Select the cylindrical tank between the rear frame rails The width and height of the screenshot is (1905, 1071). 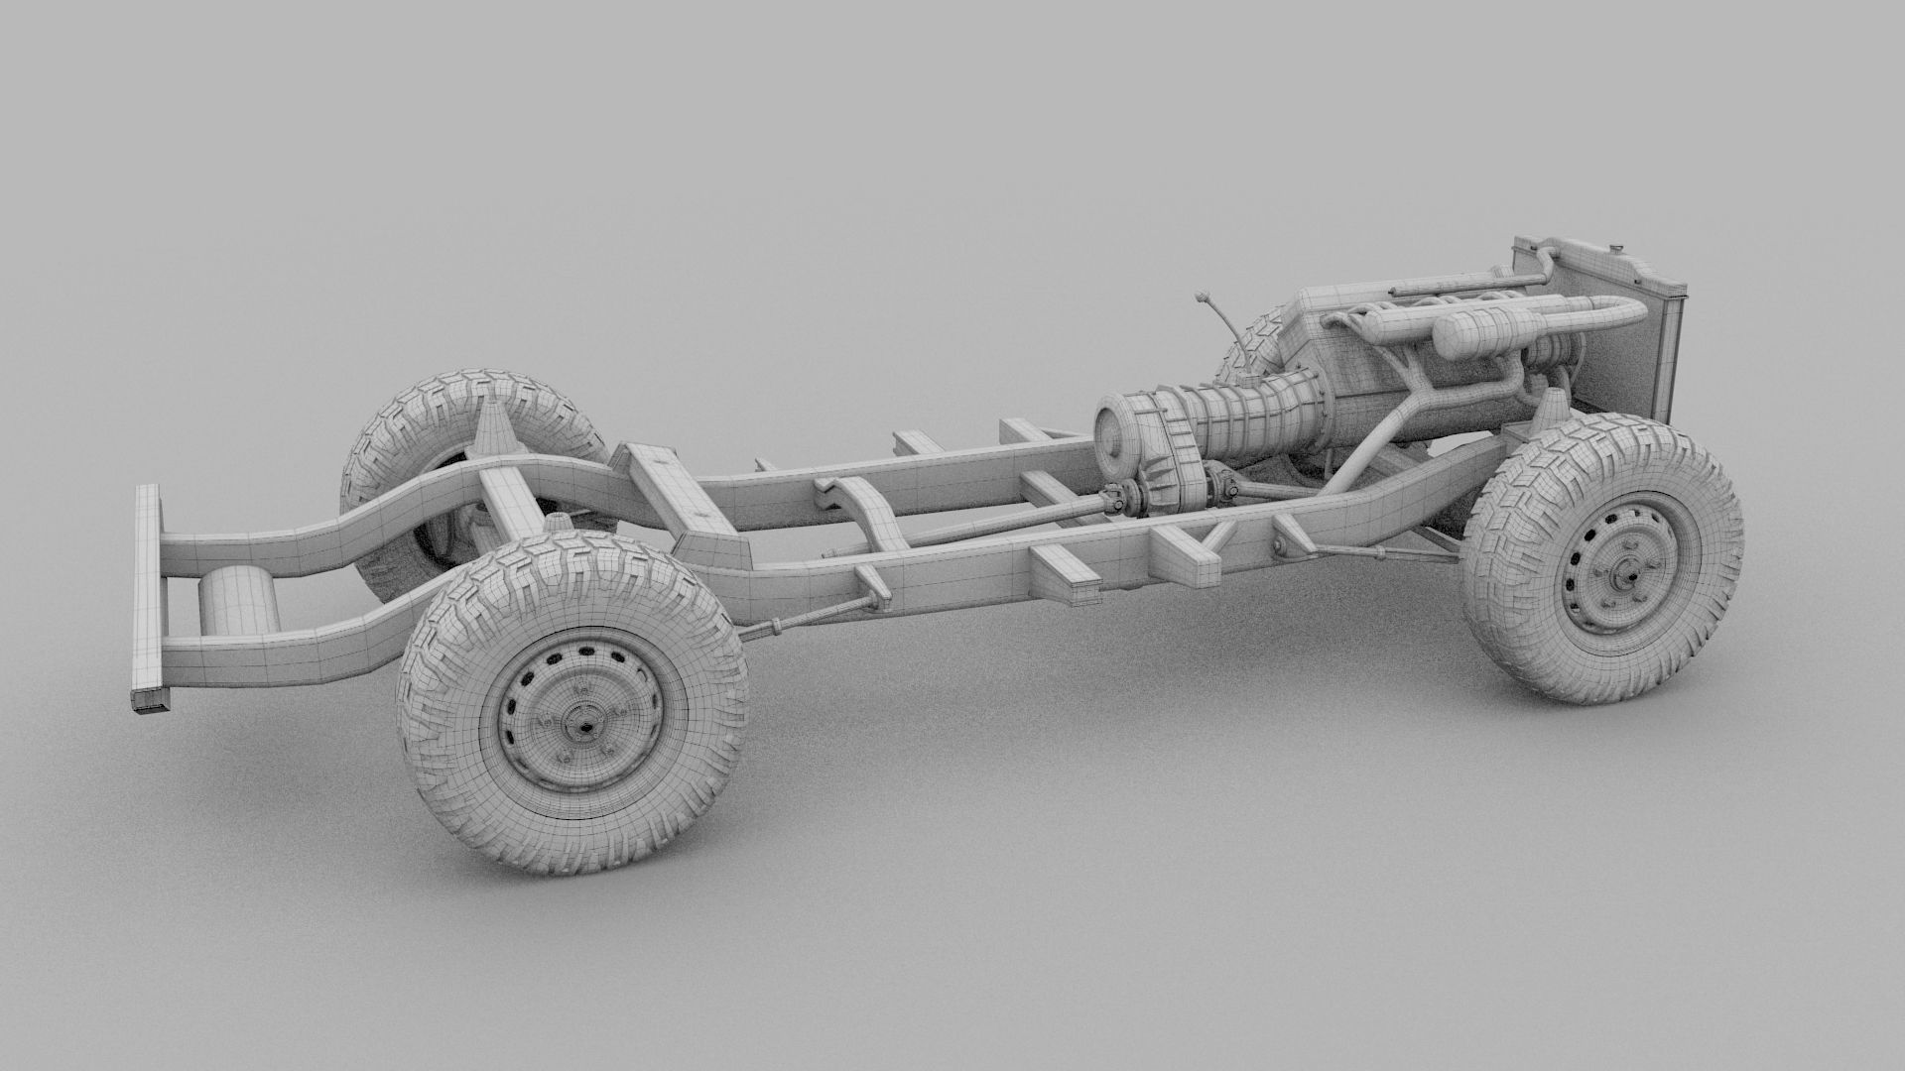[x=239, y=599]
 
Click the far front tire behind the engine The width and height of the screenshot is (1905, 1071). [x=1252, y=342]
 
